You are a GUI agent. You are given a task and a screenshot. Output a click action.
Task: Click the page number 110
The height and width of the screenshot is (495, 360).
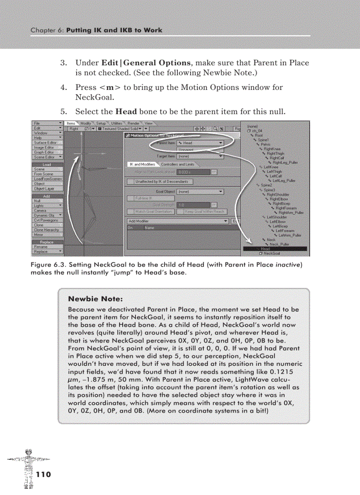44,474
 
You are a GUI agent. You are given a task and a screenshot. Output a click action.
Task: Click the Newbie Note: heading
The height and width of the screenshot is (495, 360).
95,299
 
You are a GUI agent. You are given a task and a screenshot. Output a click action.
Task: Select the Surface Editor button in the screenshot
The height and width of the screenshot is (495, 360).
46,143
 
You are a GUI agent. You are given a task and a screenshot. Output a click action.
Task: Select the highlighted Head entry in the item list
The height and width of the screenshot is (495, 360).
266,249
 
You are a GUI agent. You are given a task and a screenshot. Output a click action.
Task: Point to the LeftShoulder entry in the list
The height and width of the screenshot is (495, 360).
277,217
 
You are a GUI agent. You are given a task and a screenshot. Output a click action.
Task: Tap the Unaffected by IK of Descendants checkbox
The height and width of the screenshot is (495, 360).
131,182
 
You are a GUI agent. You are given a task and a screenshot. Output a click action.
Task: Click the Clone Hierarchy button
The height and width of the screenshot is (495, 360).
46,230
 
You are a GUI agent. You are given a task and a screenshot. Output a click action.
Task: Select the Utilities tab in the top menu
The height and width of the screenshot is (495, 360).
116,123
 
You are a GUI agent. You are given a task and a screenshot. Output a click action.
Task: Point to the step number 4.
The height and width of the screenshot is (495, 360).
63,87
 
